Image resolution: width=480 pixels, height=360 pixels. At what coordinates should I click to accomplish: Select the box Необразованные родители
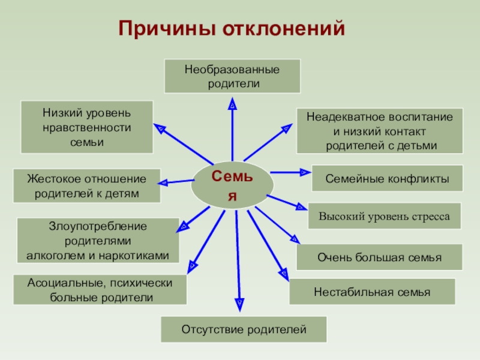pyautogui.click(x=232, y=76)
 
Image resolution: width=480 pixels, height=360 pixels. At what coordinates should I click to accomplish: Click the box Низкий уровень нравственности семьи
pyautogui.click(x=87, y=127)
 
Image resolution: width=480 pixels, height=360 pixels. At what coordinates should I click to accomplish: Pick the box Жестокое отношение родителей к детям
pyautogui.click(x=86, y=185)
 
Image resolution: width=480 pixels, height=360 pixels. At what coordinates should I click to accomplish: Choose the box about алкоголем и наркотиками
pyautogui.click(x=98, y=241)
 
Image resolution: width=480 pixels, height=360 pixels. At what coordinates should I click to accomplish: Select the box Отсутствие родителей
pyautogui.click(x=244, y=329)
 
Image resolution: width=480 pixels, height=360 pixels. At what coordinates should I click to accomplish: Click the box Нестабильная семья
pyautogui.click(x=372, y=292)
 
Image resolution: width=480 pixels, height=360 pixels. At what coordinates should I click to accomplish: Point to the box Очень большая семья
pyautogui.click(x=379, y=257)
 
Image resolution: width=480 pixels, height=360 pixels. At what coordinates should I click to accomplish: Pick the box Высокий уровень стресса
pyautogui.click(x=384, y=216)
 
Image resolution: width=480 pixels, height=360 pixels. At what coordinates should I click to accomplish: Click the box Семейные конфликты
pyautogui.click(x=387, y=178)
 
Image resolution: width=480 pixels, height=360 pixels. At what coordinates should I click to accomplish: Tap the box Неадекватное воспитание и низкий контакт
pyautogui.click(x=379, y=131)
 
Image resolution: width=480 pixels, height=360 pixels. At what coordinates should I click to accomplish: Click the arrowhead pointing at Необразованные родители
pyautogui.click(x=232, y=105)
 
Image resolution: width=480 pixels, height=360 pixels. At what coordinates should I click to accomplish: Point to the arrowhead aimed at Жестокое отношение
pyautogui.click(x=166, y=182)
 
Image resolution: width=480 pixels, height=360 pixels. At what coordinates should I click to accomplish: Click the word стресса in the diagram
pyautogui.click(x=427, y=216)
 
